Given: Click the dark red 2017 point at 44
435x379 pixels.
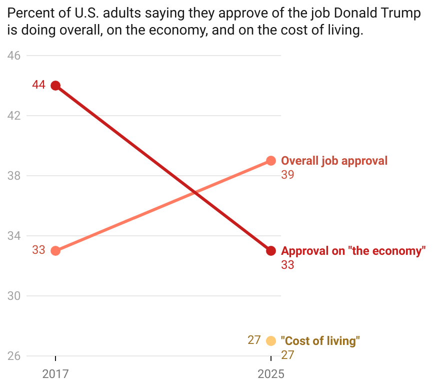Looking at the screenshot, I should tap(55, 86).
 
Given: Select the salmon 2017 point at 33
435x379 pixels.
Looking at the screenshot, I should tap(55, 250).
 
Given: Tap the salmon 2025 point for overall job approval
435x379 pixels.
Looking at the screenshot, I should tap(271, 161).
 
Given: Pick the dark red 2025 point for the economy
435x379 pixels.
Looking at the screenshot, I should tap(271, 250).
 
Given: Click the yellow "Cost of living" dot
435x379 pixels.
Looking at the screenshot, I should tap(271, 341).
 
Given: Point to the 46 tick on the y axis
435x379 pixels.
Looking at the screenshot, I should tap(14, 56).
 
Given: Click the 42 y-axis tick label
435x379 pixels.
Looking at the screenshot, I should tap(14, 116).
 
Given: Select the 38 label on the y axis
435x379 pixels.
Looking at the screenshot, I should tap(14, 176).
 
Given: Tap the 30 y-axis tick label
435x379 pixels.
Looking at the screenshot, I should tap(14, 296).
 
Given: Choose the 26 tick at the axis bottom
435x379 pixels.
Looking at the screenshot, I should tap(14, 356).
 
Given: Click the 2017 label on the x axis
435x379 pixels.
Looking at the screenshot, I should tap(55, 373).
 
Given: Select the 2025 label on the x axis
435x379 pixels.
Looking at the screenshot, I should tap(271, 373).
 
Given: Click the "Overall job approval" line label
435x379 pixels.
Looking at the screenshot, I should tap(334, 161).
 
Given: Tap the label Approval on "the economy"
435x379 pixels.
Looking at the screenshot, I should tap(353, 251).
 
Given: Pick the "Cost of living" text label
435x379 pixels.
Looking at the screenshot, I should tap(320, 341).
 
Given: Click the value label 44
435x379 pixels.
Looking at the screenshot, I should tap(38, 85).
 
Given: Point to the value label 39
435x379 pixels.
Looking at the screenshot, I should tap(287, 175).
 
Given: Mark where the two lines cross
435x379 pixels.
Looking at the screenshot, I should tap(193, 192).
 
